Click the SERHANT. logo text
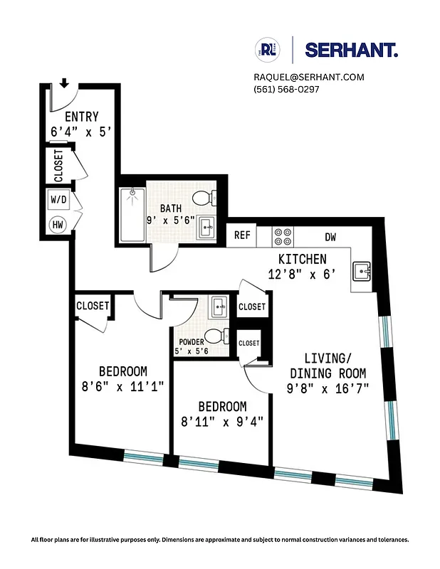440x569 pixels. (351, 50)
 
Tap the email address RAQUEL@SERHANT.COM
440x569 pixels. (308, 77)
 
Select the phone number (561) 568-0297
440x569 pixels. (286, 89)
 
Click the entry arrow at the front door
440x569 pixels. (64, 83)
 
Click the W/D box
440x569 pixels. (58, 200)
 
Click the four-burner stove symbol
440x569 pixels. (283, 236)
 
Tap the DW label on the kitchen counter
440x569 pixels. (330, 237)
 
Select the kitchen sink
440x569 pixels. (364, 271)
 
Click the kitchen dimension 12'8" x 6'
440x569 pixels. (302, 272)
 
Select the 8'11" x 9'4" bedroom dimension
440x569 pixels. (221, 420)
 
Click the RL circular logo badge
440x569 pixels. (268, 50)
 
